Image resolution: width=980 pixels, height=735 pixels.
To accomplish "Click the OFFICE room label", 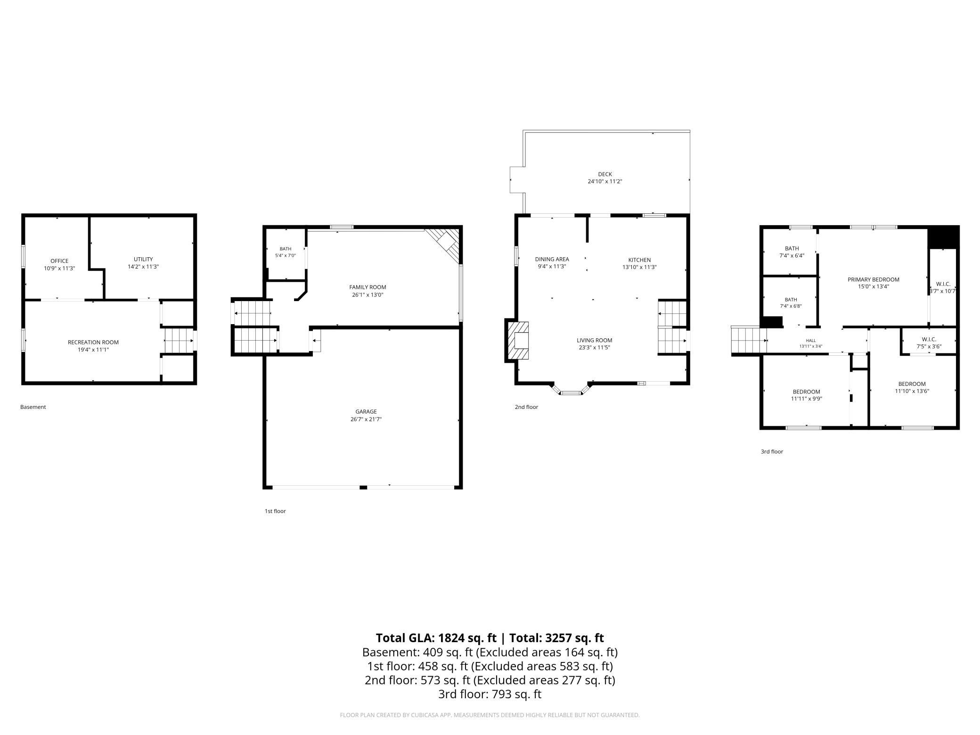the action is (59, 261).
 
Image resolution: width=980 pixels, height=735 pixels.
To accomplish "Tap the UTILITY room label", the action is (143, 259).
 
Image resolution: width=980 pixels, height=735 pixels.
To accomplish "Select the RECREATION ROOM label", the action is (93, 343).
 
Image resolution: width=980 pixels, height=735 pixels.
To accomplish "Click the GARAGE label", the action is (366, 412).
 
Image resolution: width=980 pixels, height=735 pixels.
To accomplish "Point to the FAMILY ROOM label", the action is (367, 287).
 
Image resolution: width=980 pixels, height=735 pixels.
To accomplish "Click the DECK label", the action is (605, 174).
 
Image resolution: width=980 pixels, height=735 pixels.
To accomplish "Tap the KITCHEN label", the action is (639, 260).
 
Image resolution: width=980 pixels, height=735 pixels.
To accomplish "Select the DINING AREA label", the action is (552, 259).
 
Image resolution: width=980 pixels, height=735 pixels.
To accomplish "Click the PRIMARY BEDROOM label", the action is (874, 279).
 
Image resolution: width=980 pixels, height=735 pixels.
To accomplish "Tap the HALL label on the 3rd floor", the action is (810, 341).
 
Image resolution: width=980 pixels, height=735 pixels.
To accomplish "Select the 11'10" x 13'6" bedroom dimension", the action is (912, 391).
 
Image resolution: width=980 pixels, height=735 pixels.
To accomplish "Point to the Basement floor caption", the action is (33, 407).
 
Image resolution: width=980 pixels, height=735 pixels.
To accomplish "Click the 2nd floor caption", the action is (526, 407).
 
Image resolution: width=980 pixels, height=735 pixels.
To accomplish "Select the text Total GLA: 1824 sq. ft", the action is (436, 638).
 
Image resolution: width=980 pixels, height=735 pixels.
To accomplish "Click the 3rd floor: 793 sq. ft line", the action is (490, 694).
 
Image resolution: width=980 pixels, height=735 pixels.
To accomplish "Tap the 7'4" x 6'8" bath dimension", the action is (791, 306).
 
